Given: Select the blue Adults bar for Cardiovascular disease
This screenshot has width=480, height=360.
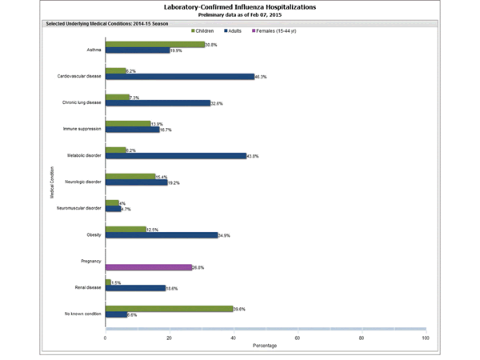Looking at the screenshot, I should [x=179, y=77].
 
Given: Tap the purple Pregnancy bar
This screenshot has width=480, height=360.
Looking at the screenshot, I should [x=148, y=267].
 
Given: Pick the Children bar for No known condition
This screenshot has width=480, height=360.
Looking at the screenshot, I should [x=169, y=309].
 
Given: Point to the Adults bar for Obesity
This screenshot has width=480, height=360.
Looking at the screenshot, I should [x=161, y=235].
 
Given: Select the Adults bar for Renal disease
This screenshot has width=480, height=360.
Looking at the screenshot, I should [x=135, y=288].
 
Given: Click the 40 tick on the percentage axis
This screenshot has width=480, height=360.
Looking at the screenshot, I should [x=234, y=338].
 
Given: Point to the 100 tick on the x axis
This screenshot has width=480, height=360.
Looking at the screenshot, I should [x=425, y=338].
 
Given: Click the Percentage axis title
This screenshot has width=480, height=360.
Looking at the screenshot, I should [x=266, y=346].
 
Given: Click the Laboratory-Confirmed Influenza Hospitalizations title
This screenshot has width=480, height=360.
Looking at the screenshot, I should [x=240, y=6].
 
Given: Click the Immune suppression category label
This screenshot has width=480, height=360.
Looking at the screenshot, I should [x=84, y=128].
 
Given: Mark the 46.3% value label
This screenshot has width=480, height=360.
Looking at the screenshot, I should [x=263, y=77].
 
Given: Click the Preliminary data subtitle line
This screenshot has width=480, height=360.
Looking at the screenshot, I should [x=240, y=14].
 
